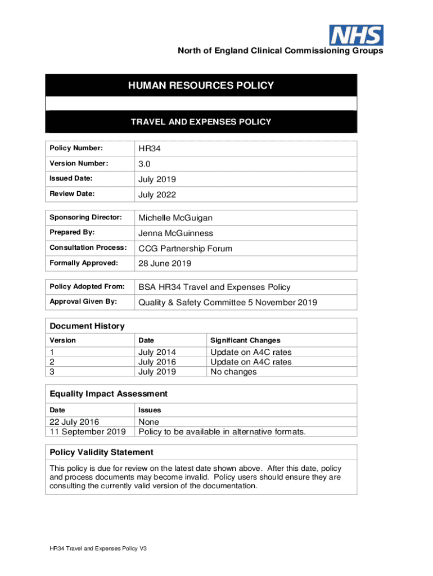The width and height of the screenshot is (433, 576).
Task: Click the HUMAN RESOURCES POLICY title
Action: [201, 85]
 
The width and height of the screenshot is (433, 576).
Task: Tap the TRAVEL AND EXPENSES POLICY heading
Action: [201, 121]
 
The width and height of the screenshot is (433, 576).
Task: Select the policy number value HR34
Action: [149, 148]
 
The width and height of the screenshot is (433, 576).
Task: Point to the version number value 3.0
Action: [145, 164]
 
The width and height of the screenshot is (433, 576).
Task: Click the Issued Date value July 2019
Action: [157, 179]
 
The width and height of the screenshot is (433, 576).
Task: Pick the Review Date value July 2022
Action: [157, 195]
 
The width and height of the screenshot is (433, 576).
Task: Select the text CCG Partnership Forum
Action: [185, 249]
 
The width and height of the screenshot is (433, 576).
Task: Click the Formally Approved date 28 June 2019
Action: [165, 263]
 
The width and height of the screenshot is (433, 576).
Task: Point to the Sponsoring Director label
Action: [85, 217]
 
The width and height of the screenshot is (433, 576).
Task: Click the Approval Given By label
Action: [83, 301]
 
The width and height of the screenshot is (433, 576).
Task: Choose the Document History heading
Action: [87, 326]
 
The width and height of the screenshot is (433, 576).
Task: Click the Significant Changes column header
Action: [245, 340]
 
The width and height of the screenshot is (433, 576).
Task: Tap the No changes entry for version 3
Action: [233, 372]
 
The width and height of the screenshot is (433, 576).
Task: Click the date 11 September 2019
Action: [88, 431]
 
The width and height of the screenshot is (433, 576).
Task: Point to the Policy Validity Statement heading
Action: [101, 452]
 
